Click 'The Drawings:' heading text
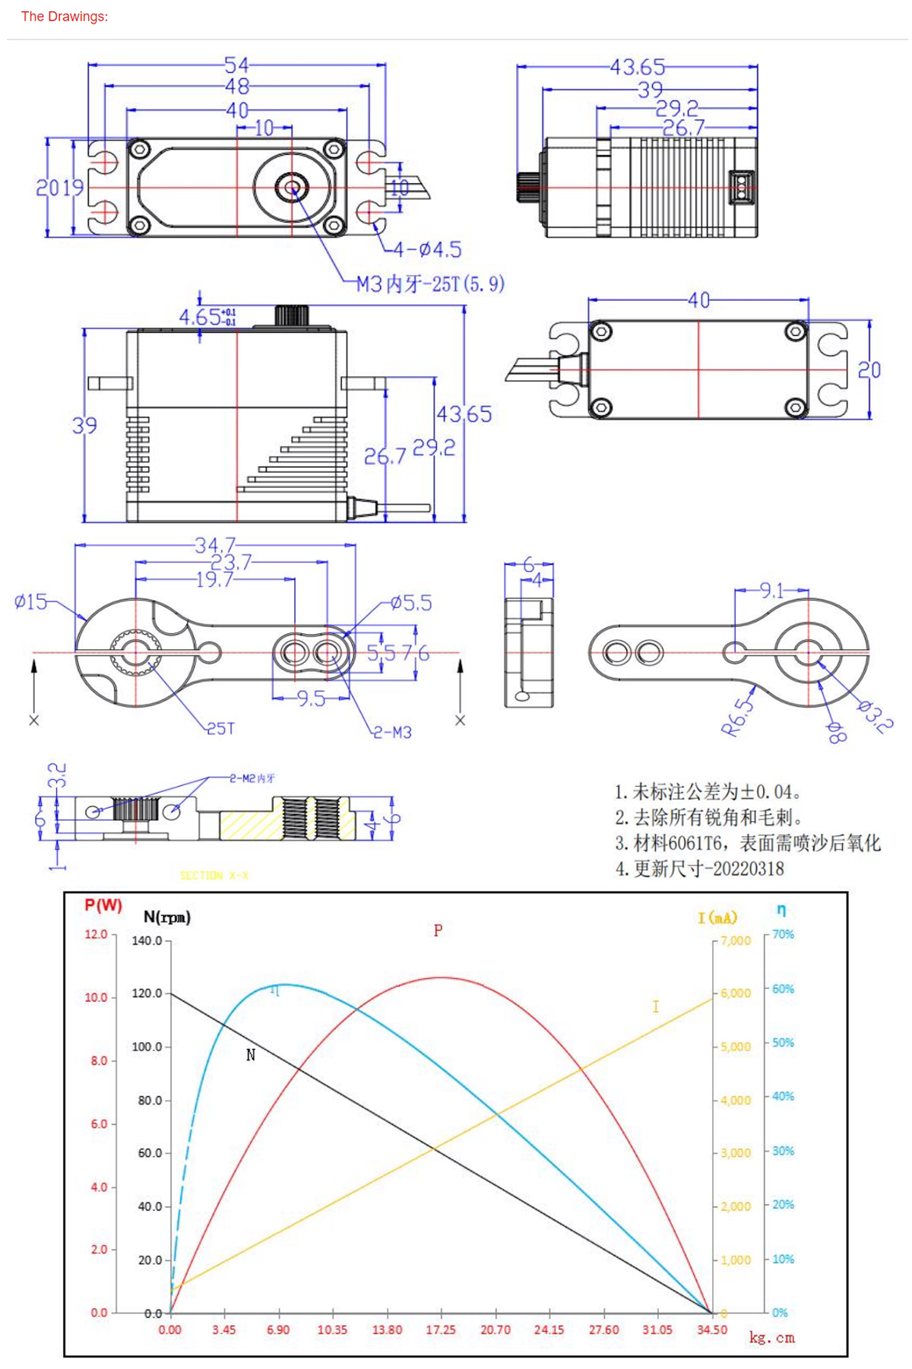65,16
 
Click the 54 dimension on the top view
236,65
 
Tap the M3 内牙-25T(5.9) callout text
430,284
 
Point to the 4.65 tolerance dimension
207,316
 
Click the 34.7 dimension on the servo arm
215,545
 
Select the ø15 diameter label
31,602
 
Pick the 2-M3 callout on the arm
392,732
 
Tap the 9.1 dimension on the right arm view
771,590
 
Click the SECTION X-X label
214,876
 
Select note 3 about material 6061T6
748,843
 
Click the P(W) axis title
103,905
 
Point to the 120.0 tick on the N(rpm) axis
147,993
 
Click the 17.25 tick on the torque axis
441,1329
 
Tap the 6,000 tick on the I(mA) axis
736,993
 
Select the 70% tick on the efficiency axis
783,934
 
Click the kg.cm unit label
771,1337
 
